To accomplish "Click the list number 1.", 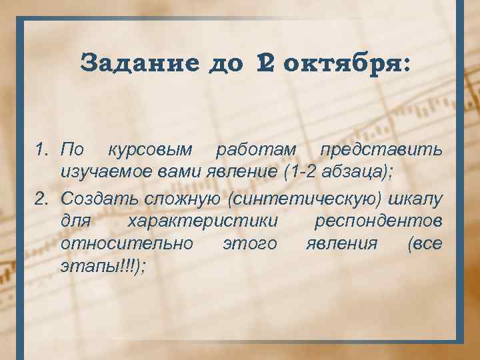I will (x=41, y=147).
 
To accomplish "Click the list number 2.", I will (x=41, y=198).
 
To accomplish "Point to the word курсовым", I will (x=150, y=147).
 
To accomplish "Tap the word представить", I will (x=378, y=147).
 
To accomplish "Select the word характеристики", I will (x=203, y=221).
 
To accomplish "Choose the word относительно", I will (x=127, y=244).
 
